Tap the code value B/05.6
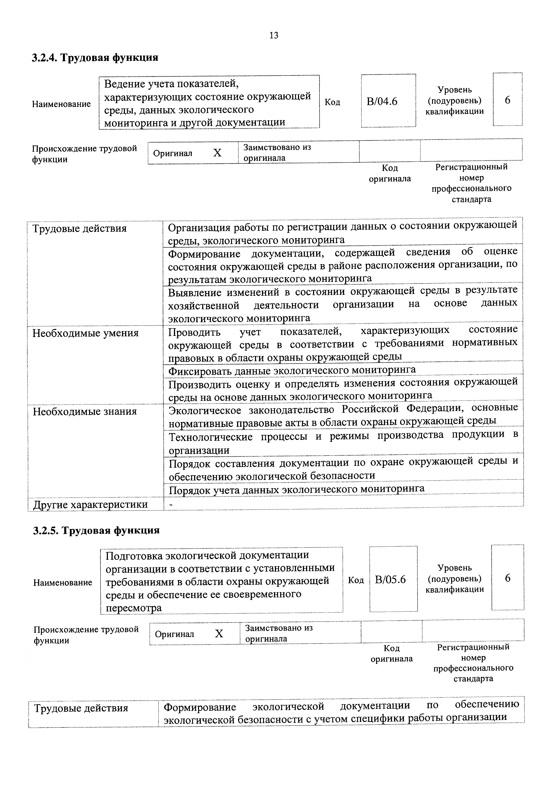click(390, 580)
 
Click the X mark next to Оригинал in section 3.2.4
click(217, 153)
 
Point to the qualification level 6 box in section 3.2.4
click(508, 100)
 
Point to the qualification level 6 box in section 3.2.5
click(508, 578)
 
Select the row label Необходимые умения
click(86, 333)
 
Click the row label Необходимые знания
click(85, 411)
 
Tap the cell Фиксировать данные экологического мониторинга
click(292, 370)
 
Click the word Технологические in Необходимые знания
click(211, 437)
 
